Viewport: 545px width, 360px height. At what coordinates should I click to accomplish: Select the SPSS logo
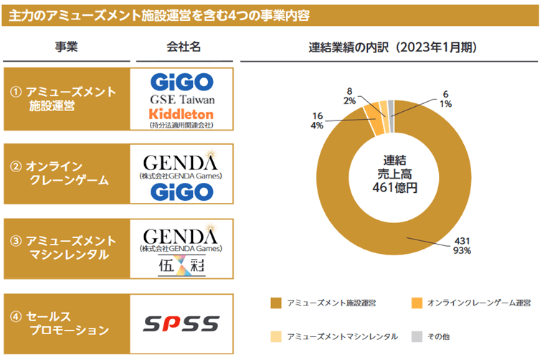click(x=182, y=324)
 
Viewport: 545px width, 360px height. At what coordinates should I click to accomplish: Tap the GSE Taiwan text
click(x=182, y=98)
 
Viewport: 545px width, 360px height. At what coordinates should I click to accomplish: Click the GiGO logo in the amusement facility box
click(x=182, y=80)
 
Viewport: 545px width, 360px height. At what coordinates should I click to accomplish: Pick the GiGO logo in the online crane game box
click(x=182, y=191)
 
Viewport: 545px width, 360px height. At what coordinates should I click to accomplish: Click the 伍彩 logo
click(x=182, y=266)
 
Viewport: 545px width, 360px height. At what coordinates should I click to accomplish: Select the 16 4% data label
click(x=318, y=120)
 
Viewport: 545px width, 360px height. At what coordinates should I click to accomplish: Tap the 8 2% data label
click(x=349, y=96)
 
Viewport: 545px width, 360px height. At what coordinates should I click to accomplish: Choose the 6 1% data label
click(x=445, y=98)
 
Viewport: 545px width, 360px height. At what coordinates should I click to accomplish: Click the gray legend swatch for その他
click(x=416, y=336)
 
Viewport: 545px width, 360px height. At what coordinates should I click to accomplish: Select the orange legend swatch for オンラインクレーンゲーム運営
click(x=416, y=304)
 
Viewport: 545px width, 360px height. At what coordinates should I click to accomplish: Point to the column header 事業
click(x=66, y=47)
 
